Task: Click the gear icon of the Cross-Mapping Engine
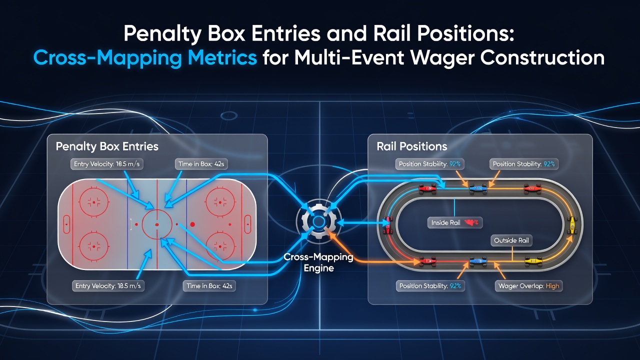click(318, 221)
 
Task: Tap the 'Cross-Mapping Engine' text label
click(318, 262)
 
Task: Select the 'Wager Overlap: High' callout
click(528, 286)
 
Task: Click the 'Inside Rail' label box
click(455, 223)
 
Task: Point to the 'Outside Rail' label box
click(511, 240)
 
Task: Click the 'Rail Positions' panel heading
click(411, 146)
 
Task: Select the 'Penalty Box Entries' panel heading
click(107, 146)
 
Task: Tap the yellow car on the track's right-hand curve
click(572, 225)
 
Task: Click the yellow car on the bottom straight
click(533, 261)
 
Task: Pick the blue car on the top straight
click(478, 188)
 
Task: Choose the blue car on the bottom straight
click(478, 261)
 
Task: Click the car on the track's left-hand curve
click(387, 225)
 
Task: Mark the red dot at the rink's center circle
click(157, 225)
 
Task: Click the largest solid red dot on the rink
click(192, 224)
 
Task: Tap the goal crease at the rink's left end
click(66, 224)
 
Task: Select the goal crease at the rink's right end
click(247, 224)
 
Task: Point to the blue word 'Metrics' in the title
click(222, 58)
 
